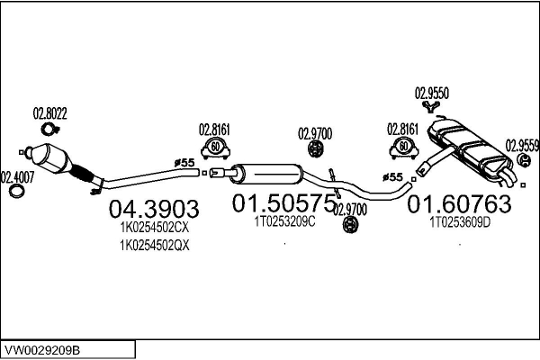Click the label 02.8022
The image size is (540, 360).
tap(50, 113)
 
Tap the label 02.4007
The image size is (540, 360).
tap(17, 177)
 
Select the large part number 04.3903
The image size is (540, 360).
tap(153, 210)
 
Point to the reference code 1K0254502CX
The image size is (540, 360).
tap(154, 229)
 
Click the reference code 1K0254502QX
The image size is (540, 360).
tap(154, 244)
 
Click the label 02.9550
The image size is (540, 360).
tap(432, 92)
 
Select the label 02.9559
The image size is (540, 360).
tap(522, 143)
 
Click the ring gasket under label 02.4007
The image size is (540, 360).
tap(16, 192)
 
